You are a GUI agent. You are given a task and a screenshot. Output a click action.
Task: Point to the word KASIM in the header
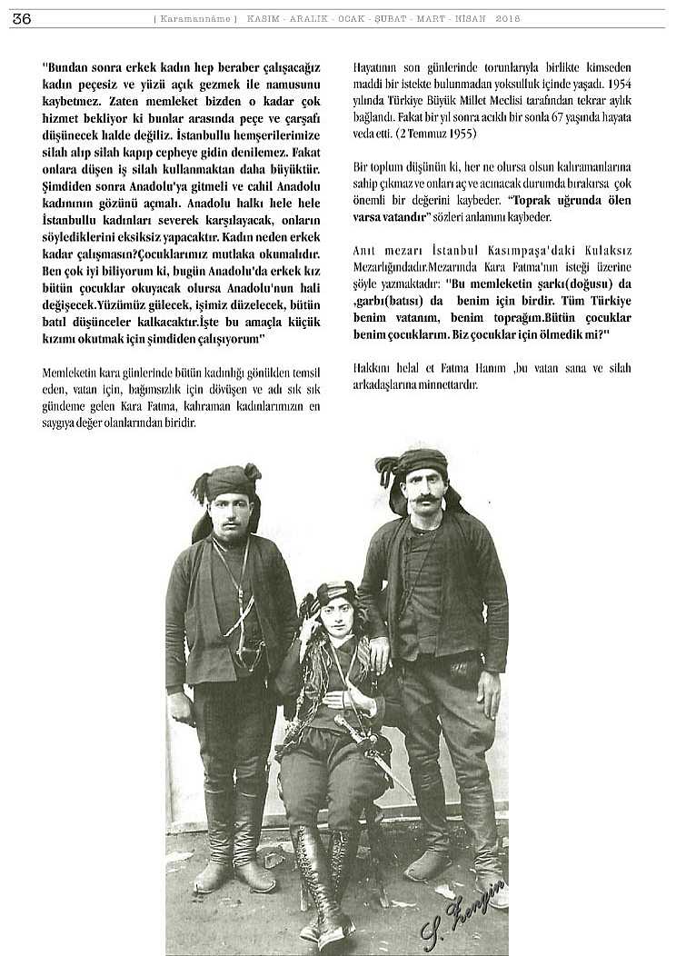(263, 18)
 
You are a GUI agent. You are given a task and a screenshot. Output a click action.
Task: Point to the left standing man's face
(231, 513)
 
